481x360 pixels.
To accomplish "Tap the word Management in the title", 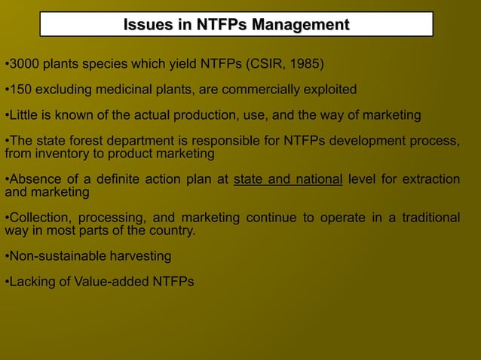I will click(x=300, y=25).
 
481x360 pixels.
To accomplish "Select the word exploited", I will click(x=329, y=90).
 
